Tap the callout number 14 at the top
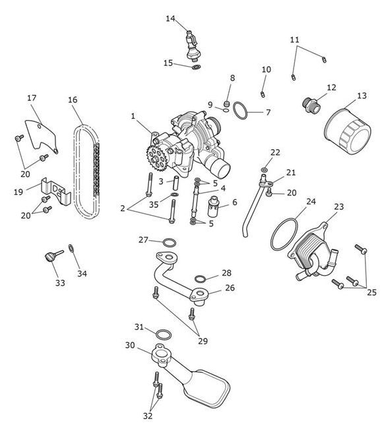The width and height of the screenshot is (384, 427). click(170, 18)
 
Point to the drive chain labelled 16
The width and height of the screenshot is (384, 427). click(86, 172)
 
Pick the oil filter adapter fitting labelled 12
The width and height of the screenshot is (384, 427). click(311, 106)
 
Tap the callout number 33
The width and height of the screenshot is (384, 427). click(60, 282)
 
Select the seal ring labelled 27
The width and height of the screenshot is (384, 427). click(169, 242)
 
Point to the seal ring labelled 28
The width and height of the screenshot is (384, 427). click(200, 279)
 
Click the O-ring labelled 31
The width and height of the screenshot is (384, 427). click(164, 335)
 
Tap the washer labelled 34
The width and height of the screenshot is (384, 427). click(71, 248)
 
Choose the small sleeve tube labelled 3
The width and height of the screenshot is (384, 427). click(176, 184)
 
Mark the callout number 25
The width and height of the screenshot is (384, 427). click(371, 292)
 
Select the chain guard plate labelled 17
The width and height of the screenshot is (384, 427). click(41, 136)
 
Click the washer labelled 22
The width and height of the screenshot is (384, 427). click(264, 170)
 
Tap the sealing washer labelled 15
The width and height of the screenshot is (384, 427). click(196, 67)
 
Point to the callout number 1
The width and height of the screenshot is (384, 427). click(133, 116)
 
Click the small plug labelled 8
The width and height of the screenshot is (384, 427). click(226, 104)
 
